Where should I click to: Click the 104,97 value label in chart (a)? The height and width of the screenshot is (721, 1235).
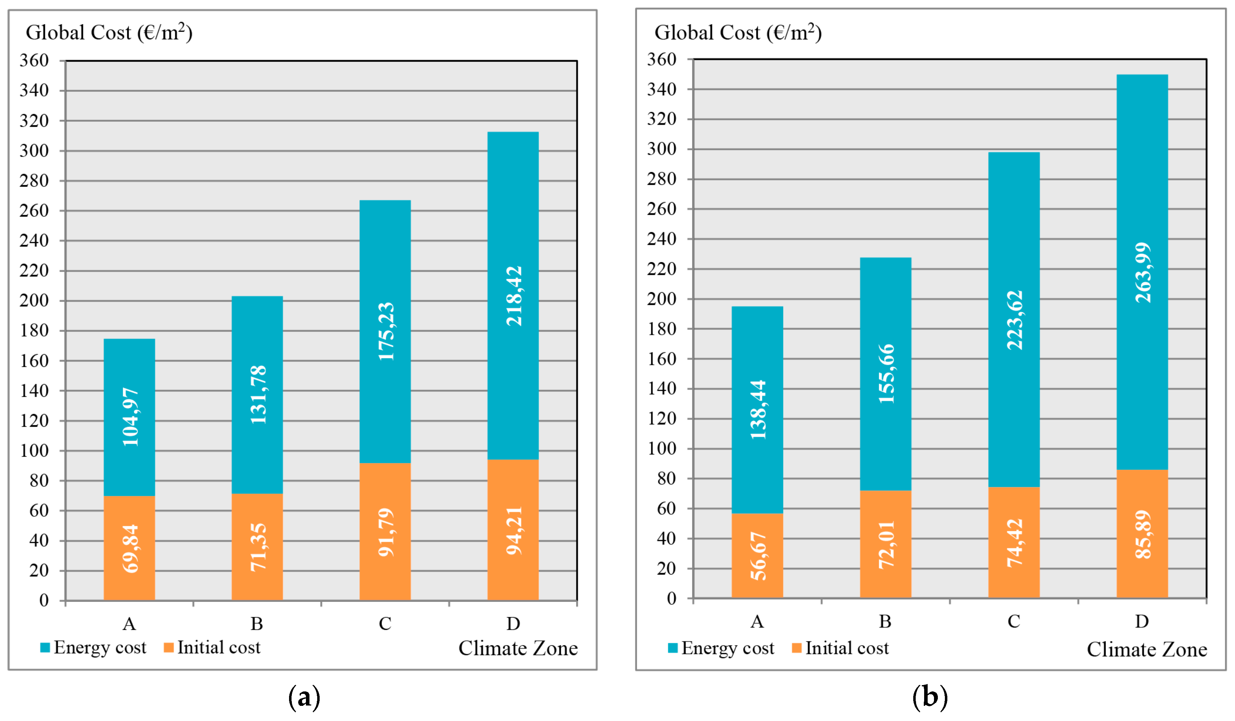[130, 417]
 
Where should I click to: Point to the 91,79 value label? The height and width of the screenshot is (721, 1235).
[386, 532]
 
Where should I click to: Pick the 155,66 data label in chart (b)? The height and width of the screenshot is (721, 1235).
[886, 374]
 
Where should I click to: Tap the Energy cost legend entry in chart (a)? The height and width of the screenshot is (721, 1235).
[93, 648]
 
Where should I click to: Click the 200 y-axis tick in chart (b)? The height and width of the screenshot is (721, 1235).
[661, 299]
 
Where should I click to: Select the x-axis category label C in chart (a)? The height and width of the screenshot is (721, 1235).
[385, 624]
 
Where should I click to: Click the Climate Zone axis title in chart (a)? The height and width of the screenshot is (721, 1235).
[518, 648]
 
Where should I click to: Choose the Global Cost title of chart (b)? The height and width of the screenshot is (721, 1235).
[737, 33]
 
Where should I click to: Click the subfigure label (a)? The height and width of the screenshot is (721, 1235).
[304, 696]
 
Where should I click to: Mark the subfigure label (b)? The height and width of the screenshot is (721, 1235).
[930, 696]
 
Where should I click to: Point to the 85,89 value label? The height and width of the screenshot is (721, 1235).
[1143, 535]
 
